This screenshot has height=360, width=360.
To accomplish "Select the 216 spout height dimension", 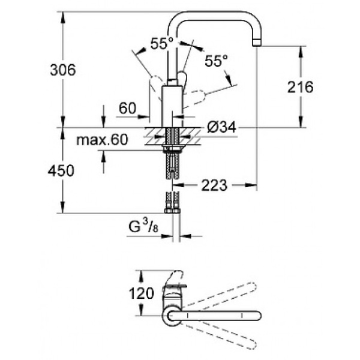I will [301, 88].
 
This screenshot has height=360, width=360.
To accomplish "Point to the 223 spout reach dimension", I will [214, 185].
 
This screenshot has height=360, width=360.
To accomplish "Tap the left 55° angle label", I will [161, 43].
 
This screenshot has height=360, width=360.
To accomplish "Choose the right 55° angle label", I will [216, 61].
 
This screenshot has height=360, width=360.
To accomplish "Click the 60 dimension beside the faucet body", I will [127, 108].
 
